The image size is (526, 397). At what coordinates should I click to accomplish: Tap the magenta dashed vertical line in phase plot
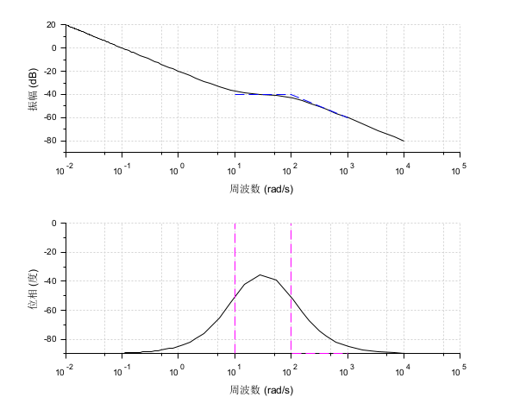point(235,259)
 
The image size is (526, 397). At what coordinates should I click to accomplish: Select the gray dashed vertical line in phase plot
point(291,259)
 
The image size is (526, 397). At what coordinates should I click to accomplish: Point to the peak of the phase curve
point(260,274)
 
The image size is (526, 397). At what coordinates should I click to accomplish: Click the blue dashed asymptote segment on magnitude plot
point(319,105)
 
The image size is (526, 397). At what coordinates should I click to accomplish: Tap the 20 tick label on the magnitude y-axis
point(51,25)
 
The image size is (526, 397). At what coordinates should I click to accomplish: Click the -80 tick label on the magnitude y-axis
point(49,141)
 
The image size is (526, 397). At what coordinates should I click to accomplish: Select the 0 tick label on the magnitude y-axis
point(53,48)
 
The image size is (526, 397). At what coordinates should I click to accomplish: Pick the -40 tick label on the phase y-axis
point(49,281)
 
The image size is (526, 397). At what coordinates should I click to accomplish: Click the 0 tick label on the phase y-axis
point(53,224)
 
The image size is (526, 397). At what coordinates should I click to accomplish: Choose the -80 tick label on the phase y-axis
point(49,339)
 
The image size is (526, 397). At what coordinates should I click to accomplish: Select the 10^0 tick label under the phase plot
point(178,366)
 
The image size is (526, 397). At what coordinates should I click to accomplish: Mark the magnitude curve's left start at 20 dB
point(66,25)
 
